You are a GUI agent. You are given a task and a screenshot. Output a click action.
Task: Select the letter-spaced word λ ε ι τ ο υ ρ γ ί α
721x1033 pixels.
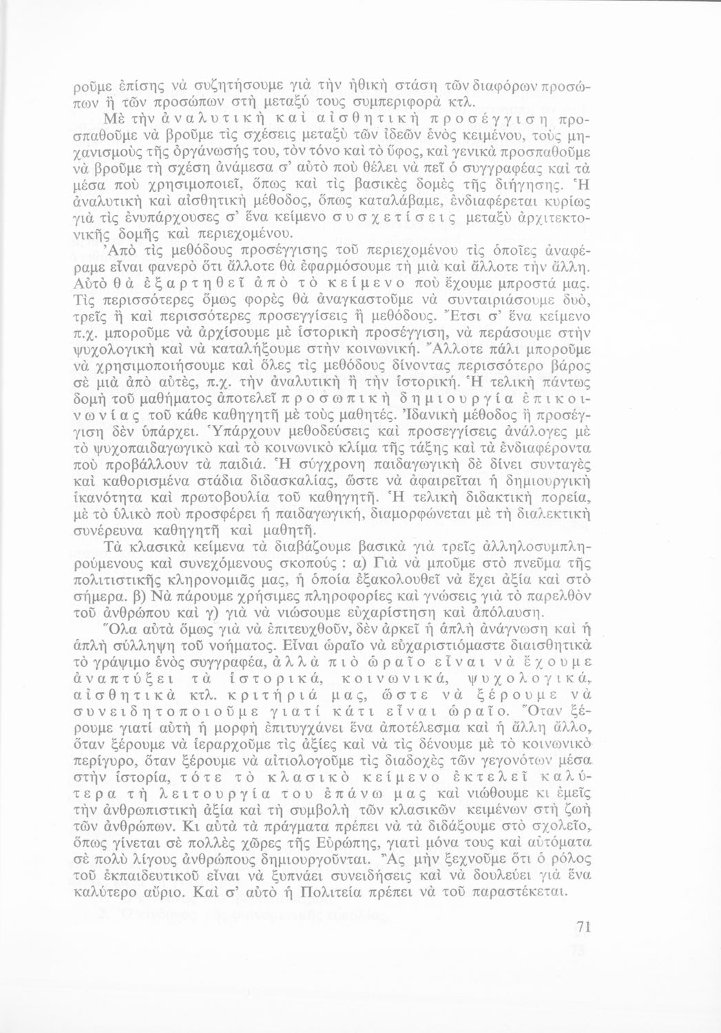[x=225, y=790]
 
